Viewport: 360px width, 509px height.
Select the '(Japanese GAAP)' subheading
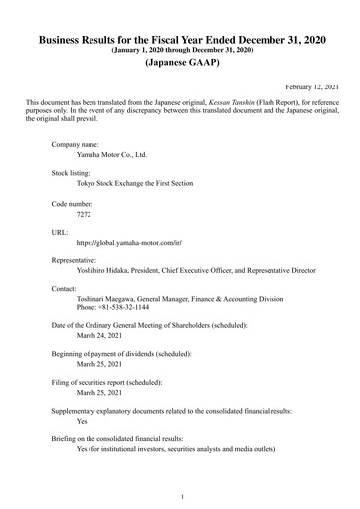coord(180,61)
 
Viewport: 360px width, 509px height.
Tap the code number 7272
coord(85,213)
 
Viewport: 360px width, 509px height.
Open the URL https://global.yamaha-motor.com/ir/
coord(129,243)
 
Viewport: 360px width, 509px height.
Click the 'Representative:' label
coord(78,259)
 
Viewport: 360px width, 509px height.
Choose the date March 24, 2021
coord(99,336)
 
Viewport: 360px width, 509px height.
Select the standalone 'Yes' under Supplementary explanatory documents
coord(83,421)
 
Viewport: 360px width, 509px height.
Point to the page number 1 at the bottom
coord(180,495)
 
